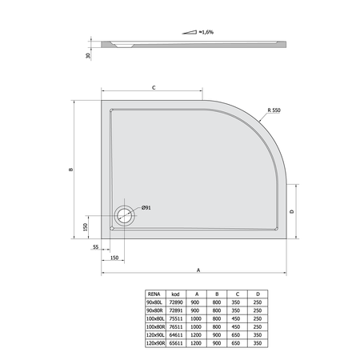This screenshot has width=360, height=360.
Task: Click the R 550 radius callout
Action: pyautogui.click(x=274, y=110)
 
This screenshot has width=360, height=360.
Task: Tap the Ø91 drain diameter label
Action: pyautogui.click(x=146, y=207)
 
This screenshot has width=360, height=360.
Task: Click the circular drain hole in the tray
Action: pyautogui.click(x=125, y=216)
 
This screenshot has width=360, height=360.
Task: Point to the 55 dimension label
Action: pyautogui.click(x=95, y=247)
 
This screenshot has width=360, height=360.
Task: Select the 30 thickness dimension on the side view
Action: pyautogui.click(x=88, y=56)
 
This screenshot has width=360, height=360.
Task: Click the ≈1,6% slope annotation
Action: pyautogui.click(x=206, y=32)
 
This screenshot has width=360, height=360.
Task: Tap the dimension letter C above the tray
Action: pyautogui.click(x=154, y=88)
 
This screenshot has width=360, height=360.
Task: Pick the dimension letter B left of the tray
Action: pyautogui.click(x=71, y=170)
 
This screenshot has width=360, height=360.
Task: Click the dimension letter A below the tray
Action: pyautogui.click(x=198, y=270)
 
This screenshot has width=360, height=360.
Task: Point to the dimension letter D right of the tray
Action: pyautogui.click(x=292, y=211)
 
